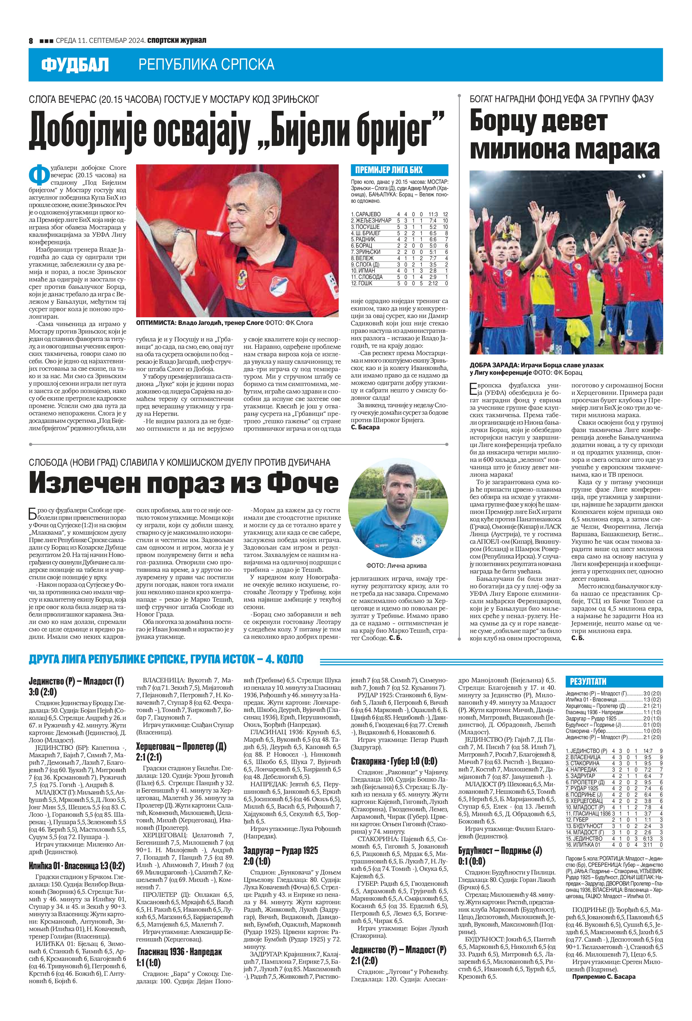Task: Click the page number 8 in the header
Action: (31, 40)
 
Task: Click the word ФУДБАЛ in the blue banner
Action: (75, 65)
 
